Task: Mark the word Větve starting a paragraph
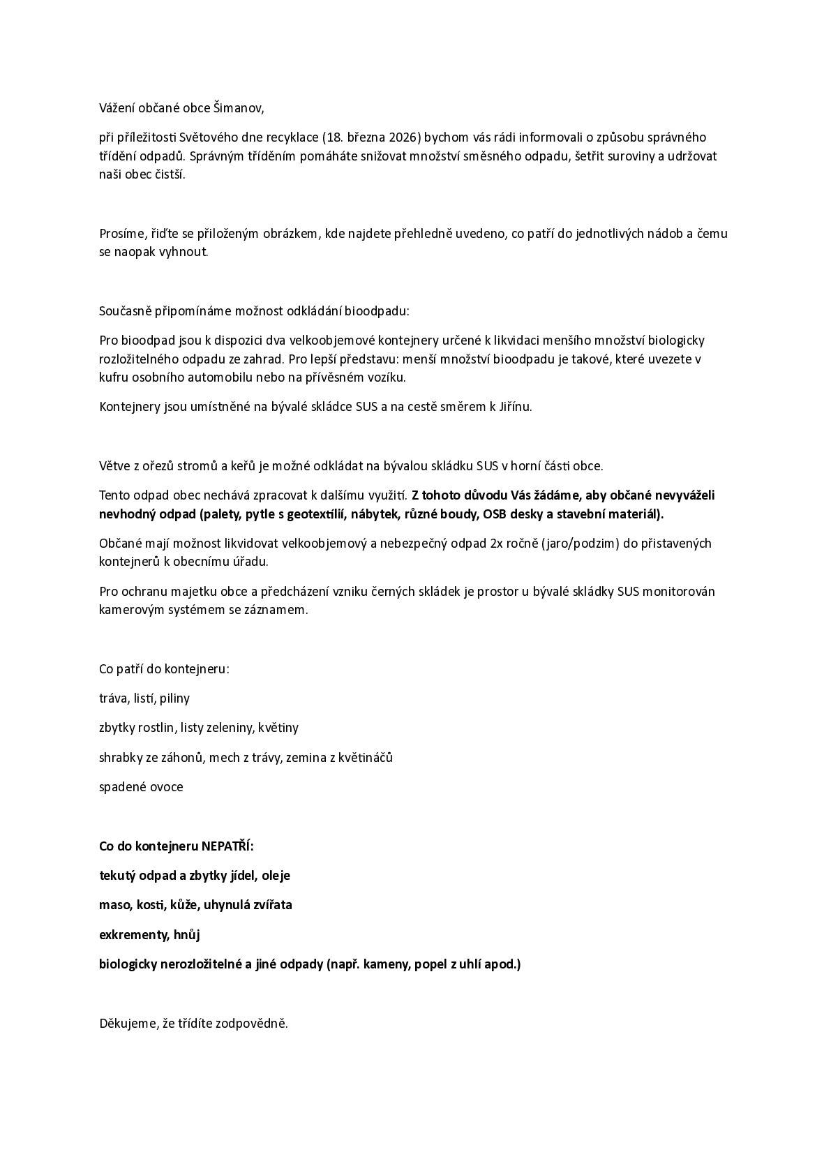114,466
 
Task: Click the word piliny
174,698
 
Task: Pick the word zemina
310,758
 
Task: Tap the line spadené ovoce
141,787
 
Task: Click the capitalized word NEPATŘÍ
227,846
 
